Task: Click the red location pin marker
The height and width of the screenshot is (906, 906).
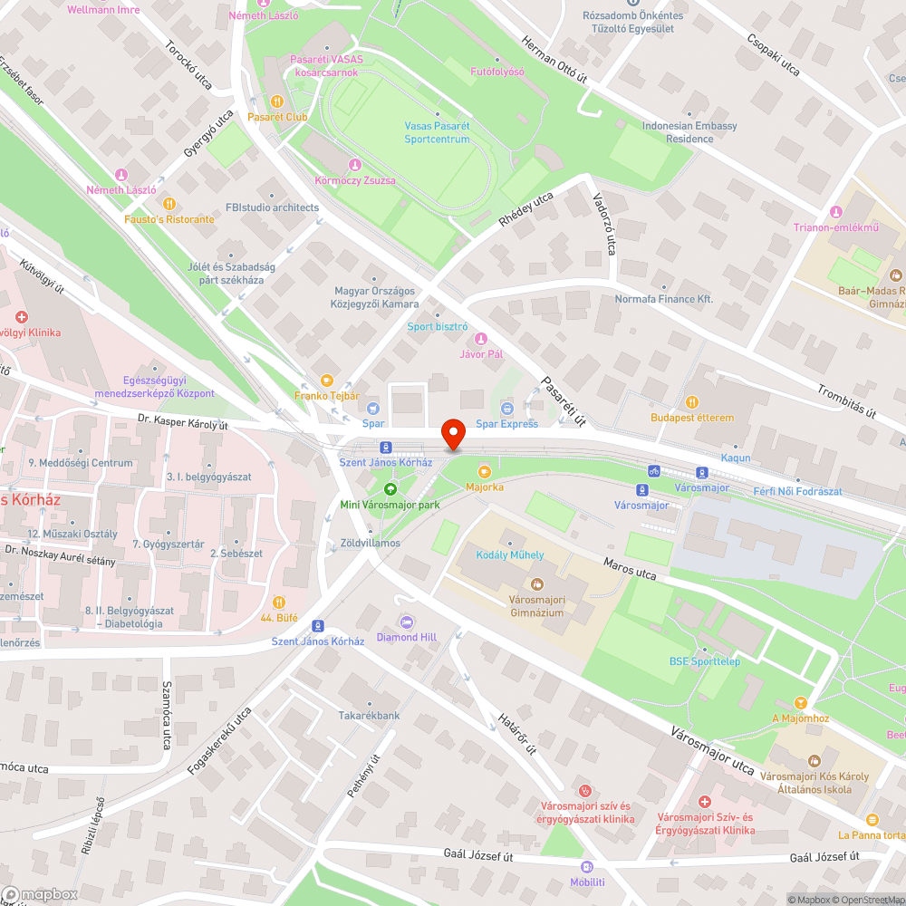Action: tap(452, 434)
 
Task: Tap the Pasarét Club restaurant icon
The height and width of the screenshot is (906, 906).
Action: tap(277, 101)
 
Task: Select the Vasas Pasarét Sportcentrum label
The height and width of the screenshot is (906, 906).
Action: tap(438, 133)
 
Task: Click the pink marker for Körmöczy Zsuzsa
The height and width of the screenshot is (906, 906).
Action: tap(354, 164)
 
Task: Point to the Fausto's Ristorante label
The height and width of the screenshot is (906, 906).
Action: tap(169, 219)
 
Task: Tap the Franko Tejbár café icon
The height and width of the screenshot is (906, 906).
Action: tap(327, 381)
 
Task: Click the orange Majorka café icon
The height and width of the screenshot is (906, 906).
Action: tap(484, 471)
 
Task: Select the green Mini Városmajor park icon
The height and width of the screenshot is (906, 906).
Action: tap(390, 488)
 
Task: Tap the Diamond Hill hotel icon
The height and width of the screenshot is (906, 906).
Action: tap(407, 622)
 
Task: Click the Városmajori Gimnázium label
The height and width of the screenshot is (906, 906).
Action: tap(535, 606)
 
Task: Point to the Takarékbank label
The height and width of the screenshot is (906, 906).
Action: tap(369, 715)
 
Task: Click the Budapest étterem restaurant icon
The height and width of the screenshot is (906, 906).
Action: tap(692, 402)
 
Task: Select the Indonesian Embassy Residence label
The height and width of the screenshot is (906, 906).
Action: tap(689, 132)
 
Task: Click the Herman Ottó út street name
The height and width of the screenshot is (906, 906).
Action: tap(554, 61)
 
